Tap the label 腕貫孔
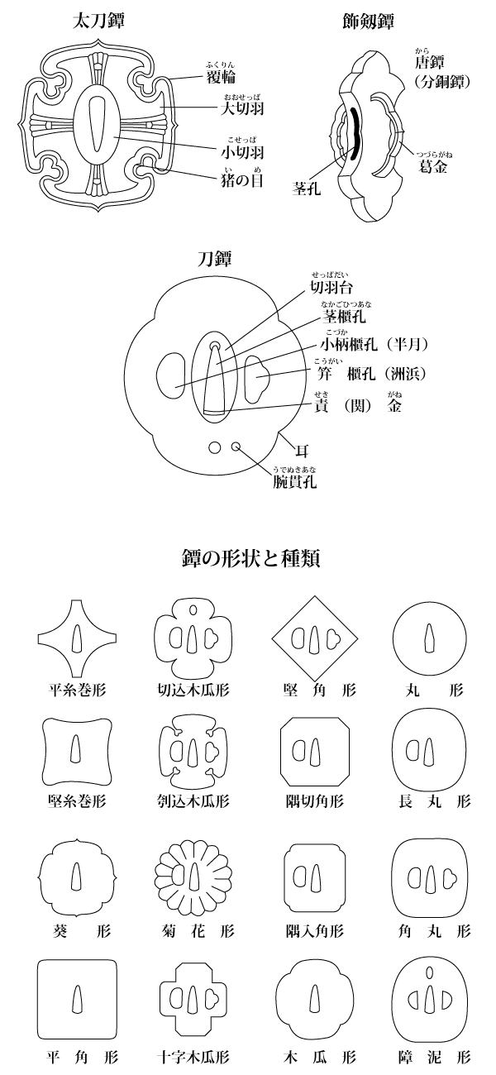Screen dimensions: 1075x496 pyautogui.click(x=295, y=479)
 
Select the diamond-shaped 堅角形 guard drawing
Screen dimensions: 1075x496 pyautogui.click(x=314, y=637)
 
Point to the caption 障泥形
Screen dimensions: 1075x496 pyautogui.click(x=430, y=1057)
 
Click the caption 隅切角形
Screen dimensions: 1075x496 pyautogui.click(x=314, y=800)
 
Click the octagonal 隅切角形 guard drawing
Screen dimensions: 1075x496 pyautogui.click(x=314, y=751)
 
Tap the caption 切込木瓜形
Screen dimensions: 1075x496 pyautogui.click(x=193, y=688)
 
